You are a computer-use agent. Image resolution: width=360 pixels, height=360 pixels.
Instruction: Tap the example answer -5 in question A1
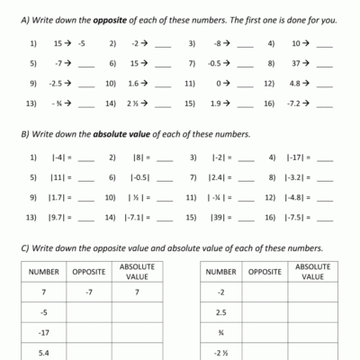tap(81, 42)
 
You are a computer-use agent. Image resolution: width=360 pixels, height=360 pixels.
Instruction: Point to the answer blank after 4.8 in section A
tap(325, 84)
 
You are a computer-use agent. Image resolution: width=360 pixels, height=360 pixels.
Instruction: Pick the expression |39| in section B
tap(217, 217)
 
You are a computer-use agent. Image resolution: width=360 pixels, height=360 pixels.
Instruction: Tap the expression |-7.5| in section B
tap(296, 217)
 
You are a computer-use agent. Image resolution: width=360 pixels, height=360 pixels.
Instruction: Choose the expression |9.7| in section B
tap(55, 217)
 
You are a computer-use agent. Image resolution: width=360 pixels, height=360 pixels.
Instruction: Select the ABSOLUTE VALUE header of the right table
tap(313, 270)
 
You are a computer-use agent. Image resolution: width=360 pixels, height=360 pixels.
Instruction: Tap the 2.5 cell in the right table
tap(221, 312)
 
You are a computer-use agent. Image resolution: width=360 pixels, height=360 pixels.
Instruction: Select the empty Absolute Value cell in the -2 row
tap(313, 292)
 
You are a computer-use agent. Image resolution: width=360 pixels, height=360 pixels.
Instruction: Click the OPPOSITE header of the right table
tap(265, 270)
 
